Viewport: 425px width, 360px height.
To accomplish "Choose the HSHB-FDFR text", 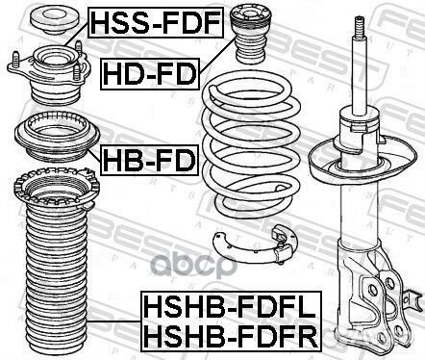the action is coord(208,337).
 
